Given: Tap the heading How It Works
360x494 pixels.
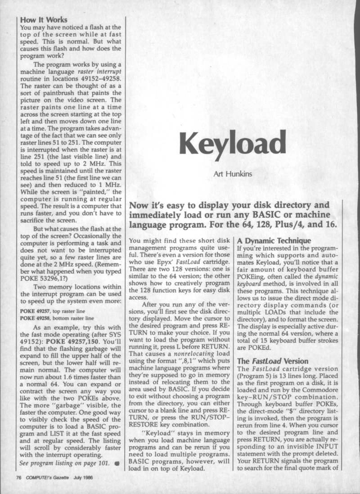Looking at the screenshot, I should click(44, 19).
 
